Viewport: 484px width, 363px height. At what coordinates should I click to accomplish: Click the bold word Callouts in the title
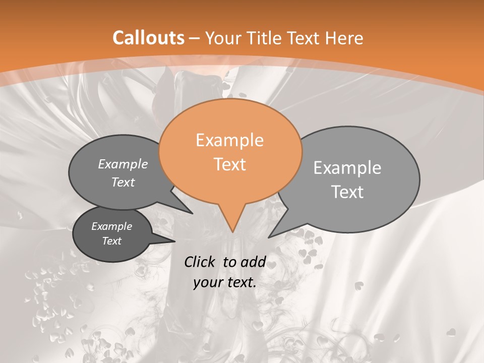(148, 38)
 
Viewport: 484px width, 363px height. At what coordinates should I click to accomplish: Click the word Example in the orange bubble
(229, 140)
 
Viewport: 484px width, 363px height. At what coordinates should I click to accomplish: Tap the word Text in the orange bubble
(230, 164)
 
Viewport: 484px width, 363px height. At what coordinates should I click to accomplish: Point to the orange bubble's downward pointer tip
(232, 232)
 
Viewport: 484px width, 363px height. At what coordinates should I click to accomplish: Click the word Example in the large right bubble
(347, 168)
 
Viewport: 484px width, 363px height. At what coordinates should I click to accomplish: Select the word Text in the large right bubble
(347, 192)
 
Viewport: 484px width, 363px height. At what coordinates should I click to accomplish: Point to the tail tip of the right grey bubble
(269, 237)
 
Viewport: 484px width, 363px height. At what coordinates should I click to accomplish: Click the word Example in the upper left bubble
(123, 164)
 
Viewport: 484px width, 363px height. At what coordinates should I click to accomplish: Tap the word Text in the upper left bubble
(123, 182)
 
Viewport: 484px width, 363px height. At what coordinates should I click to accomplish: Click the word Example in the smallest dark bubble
(111, 226)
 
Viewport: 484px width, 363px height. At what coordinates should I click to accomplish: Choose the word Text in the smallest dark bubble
(111, 241)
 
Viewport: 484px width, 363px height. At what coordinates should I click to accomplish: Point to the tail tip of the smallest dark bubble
(175, 241)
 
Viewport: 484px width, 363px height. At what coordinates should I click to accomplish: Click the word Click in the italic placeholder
(200, 262)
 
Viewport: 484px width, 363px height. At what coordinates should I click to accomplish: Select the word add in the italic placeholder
(254, 262)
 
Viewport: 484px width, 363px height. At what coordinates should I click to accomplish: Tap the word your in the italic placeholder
(207, 283)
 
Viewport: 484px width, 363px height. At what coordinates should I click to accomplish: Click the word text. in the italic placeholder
(240, 283)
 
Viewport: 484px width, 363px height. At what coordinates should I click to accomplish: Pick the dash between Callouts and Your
(195, 38)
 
